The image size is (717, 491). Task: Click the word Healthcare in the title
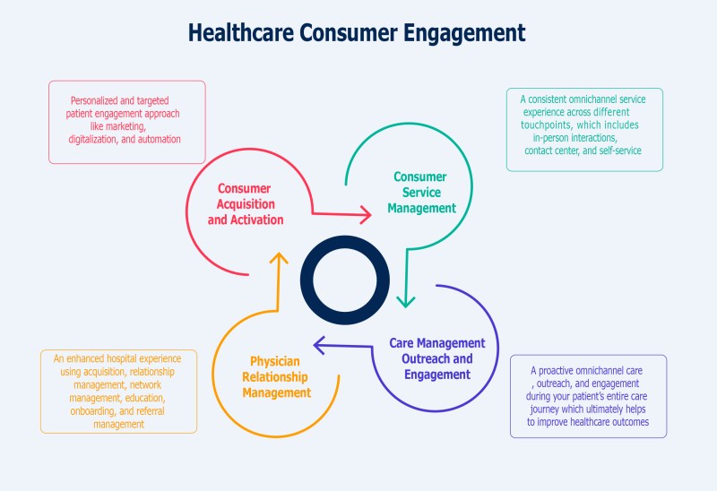click(x=238, y=32)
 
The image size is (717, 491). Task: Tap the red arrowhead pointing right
click(x=365, y=214)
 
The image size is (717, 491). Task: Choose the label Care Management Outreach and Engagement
click(x=437, y=358)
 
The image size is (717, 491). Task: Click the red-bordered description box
click(x=126, y=122)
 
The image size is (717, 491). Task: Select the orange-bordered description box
click(x=118, y=391)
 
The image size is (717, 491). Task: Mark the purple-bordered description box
click(x=588, y=395)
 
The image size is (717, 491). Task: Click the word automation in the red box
click(x=156, y=140)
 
